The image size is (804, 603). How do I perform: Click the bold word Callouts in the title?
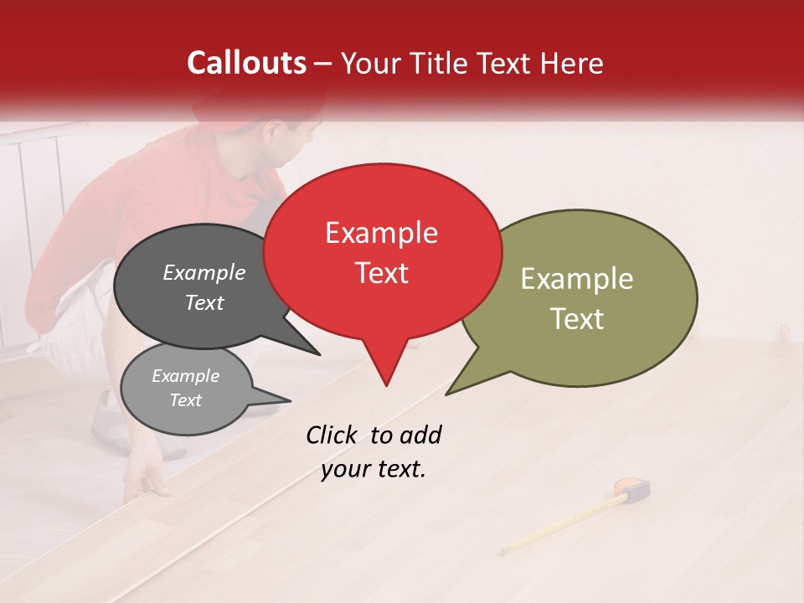[x=247, y=63]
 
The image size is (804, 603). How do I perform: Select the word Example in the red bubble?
[x=381, y=233]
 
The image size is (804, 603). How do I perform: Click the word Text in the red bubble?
[x=381, y=273]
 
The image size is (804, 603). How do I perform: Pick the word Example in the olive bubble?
[x=577, y=279]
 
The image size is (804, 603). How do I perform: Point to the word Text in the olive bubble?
[x=577, y=319]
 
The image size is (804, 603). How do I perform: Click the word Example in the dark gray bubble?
[x=204, y=272]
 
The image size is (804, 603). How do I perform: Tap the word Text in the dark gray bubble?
[x=204, y=302]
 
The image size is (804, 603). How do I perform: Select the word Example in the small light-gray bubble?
[x=185, y=376]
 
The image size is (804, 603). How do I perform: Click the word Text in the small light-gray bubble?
[x=185, y=400]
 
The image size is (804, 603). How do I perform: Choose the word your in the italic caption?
[x=344, y=470]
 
